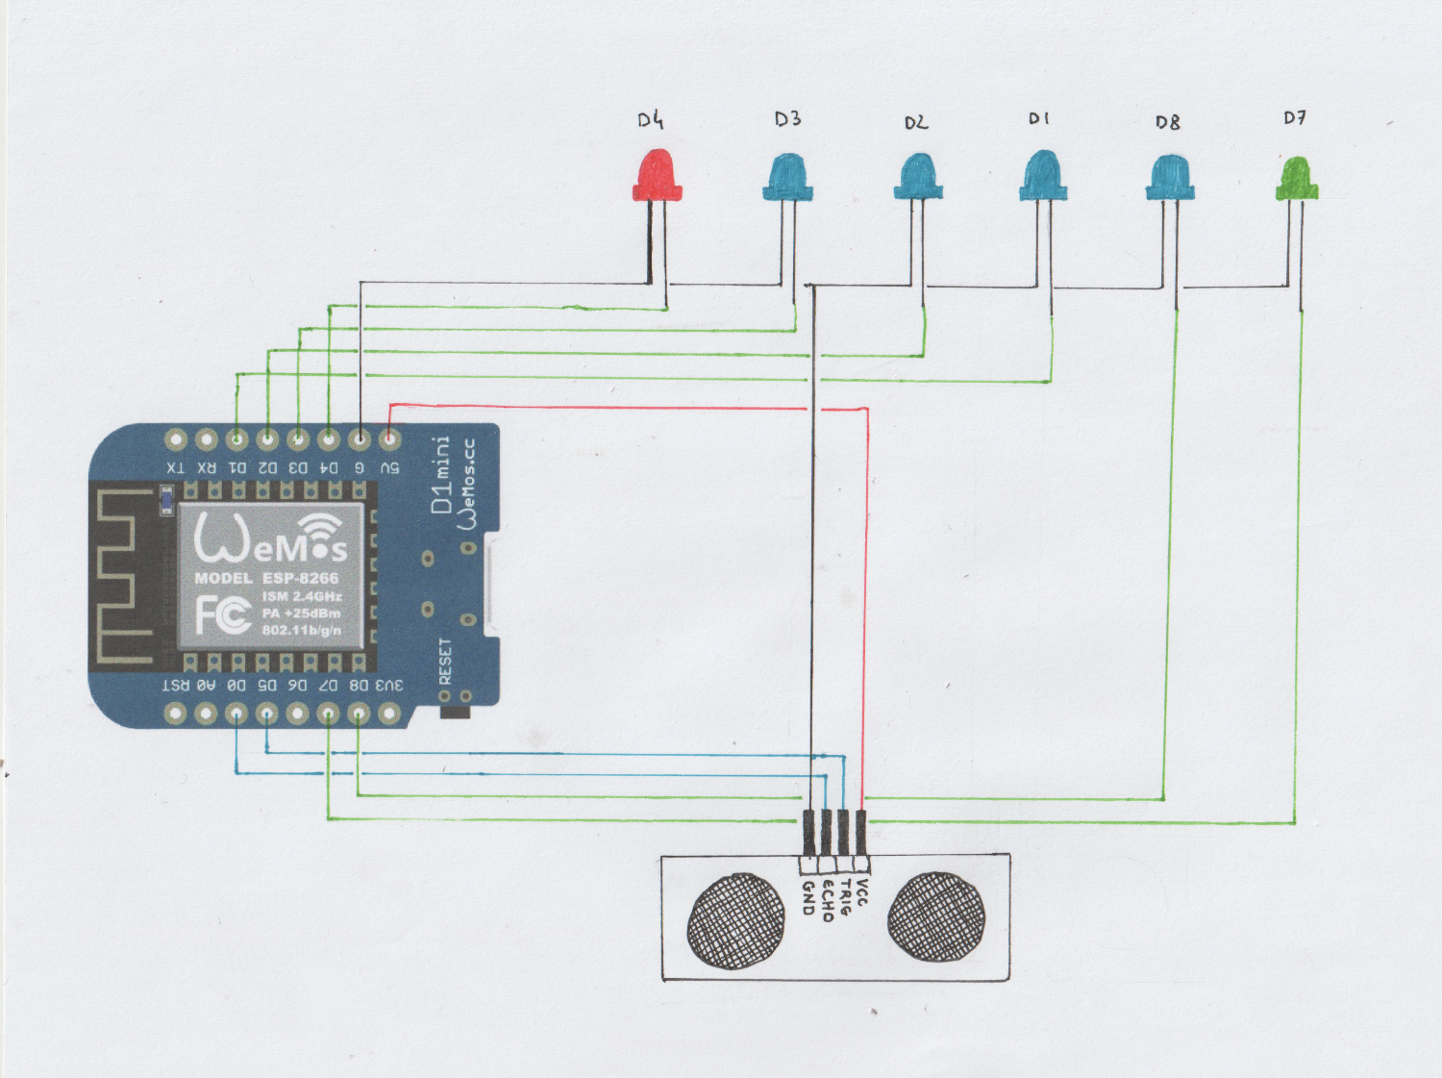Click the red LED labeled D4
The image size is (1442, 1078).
pos(657,175)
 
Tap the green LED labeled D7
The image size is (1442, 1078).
pos(1296,180)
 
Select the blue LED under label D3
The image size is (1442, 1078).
pos(787,178)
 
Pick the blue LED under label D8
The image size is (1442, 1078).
pos(1169,178)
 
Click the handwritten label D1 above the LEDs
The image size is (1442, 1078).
pos(1038,118)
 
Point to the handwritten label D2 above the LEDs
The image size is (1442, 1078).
pos(915,122)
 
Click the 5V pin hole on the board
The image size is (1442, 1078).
pos(389,439)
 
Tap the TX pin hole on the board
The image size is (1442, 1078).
pos(175,439)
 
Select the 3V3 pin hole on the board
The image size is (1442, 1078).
pos(388,713)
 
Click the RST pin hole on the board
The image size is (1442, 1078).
pos(175,713)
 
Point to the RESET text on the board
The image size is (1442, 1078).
pos(445,661)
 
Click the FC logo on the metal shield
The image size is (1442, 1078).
pos(223,614)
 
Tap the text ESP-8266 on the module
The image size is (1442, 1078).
pos(300,578)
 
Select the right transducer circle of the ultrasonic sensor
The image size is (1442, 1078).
pos(935,916)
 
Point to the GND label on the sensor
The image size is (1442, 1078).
pos(808,897)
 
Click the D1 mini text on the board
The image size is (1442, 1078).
pos(441,475)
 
